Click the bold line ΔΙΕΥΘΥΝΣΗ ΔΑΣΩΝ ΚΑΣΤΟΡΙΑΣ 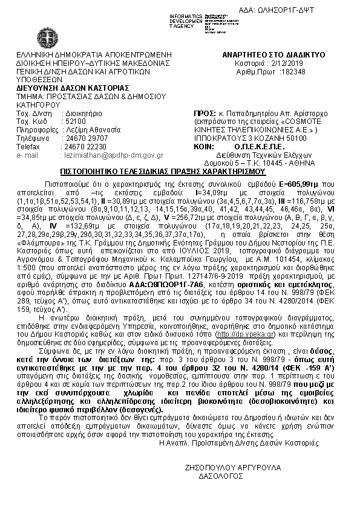[x=67, y=88]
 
